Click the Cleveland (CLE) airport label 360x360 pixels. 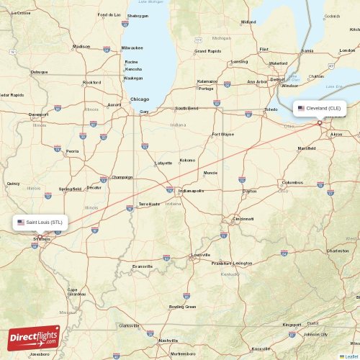click(x=320, y=109)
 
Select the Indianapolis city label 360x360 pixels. click(x=191, y=191)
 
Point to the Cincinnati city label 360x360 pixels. click(x=242, y=219)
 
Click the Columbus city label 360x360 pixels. click(x=292, y=183)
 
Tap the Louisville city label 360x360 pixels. click(x=200, y=255)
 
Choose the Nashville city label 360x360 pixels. click(x=168, y=340)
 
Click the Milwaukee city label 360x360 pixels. click(x=132, y=48)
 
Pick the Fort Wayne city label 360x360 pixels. click(x=222, y=135)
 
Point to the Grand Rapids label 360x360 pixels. click(x=208, y=51)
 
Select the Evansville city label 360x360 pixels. click(x=143, y=266)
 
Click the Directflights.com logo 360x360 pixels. click(x=34, y=336)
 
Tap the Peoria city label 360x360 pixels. click(x=72, y=151)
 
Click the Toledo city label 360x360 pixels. click(x=271, y=109)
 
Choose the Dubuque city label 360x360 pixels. click(x=39, y=72)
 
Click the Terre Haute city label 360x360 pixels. click(x=149, y=204)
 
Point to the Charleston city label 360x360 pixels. click(x=337, y=251)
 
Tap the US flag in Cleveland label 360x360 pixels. click(x=301, y=109)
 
